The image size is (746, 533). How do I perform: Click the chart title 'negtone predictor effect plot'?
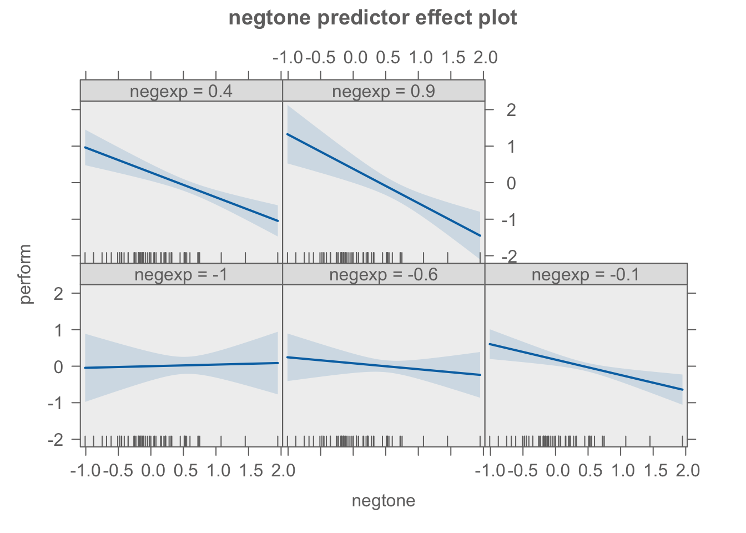[372, 18]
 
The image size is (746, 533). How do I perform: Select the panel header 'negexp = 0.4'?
[181, 91]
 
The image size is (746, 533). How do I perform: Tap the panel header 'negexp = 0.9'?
[384, 91]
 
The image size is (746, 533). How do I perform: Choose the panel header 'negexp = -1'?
[181, 275]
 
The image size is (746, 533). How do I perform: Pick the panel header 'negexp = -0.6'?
[384, 275]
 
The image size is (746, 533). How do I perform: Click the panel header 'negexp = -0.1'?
[586, 275]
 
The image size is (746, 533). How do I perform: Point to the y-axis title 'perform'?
[26, 274]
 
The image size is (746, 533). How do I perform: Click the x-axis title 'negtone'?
[384, 501]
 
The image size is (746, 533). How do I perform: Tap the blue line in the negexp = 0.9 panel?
[384, 185]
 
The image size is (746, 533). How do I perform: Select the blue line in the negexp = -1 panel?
[182, 365]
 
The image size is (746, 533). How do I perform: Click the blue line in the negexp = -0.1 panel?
[586, 367]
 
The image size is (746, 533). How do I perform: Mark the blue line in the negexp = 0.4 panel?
[182, 184]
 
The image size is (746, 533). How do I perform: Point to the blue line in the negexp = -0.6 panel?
[384, 366]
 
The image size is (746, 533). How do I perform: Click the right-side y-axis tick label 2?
[511, 110]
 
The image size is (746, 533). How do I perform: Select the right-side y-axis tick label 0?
[511, 184]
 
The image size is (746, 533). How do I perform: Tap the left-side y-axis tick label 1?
[58, 330]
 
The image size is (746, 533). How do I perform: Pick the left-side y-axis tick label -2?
[56, 440]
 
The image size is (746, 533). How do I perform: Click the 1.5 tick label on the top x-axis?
[453, 57]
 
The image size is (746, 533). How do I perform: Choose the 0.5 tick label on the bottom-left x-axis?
[185, 471]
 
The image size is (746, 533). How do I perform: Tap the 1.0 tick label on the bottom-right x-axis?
[623, 471]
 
